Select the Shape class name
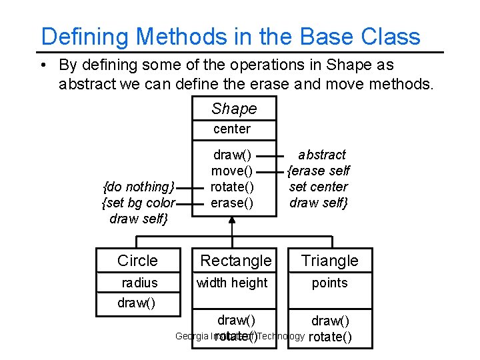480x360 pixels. pyautogui.click(x=233, y=109)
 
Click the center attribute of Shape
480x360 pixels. pyautogui.click(x=232, y=129)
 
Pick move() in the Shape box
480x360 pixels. pyautogui.click(x=232, y=171)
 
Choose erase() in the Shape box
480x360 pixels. pyautogui.click(x=232, y=203)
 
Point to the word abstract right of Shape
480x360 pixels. pyautogui.click(x=321, y=155)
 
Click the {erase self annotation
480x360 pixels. pyautogui.click(x=318, y=171)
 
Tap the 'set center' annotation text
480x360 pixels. pyautogui.click(x=318, y=187)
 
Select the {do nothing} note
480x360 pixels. pyautogui.click(x=138, y=187)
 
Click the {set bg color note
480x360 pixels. pyautogui.click(x=138, y=203)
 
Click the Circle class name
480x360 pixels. pyautogui.click(x=137, y=261)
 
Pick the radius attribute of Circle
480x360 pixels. pyautogui.click(x=139, y=283)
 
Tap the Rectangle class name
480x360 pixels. pyautogui.click(x=236, y=261)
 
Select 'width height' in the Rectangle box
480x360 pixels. pyautogui.click(x=231, y=283)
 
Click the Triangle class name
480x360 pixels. pyautogui.click(x=329, y=261)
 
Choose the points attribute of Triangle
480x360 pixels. pyautogui.click(x=329, y=283)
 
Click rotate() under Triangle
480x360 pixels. pyautogui.click(x=331, y=337)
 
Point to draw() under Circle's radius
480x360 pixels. pyautogui.click(x=136, y=303)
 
